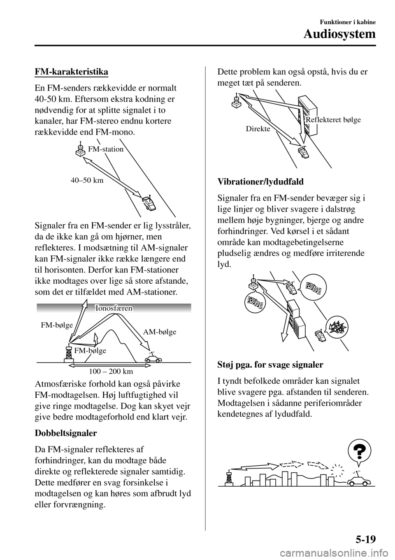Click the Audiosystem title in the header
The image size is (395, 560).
click(339, 34)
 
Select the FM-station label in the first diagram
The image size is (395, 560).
click(106, 149)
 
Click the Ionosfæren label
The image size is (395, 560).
click(114, 308)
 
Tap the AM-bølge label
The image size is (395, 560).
click(160, 331)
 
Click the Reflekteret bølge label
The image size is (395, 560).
click(333, 120)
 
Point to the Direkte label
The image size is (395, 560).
click(258, 129)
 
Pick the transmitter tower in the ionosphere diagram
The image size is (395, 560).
click(67, 353)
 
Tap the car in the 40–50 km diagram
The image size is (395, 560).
click(148, 203)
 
